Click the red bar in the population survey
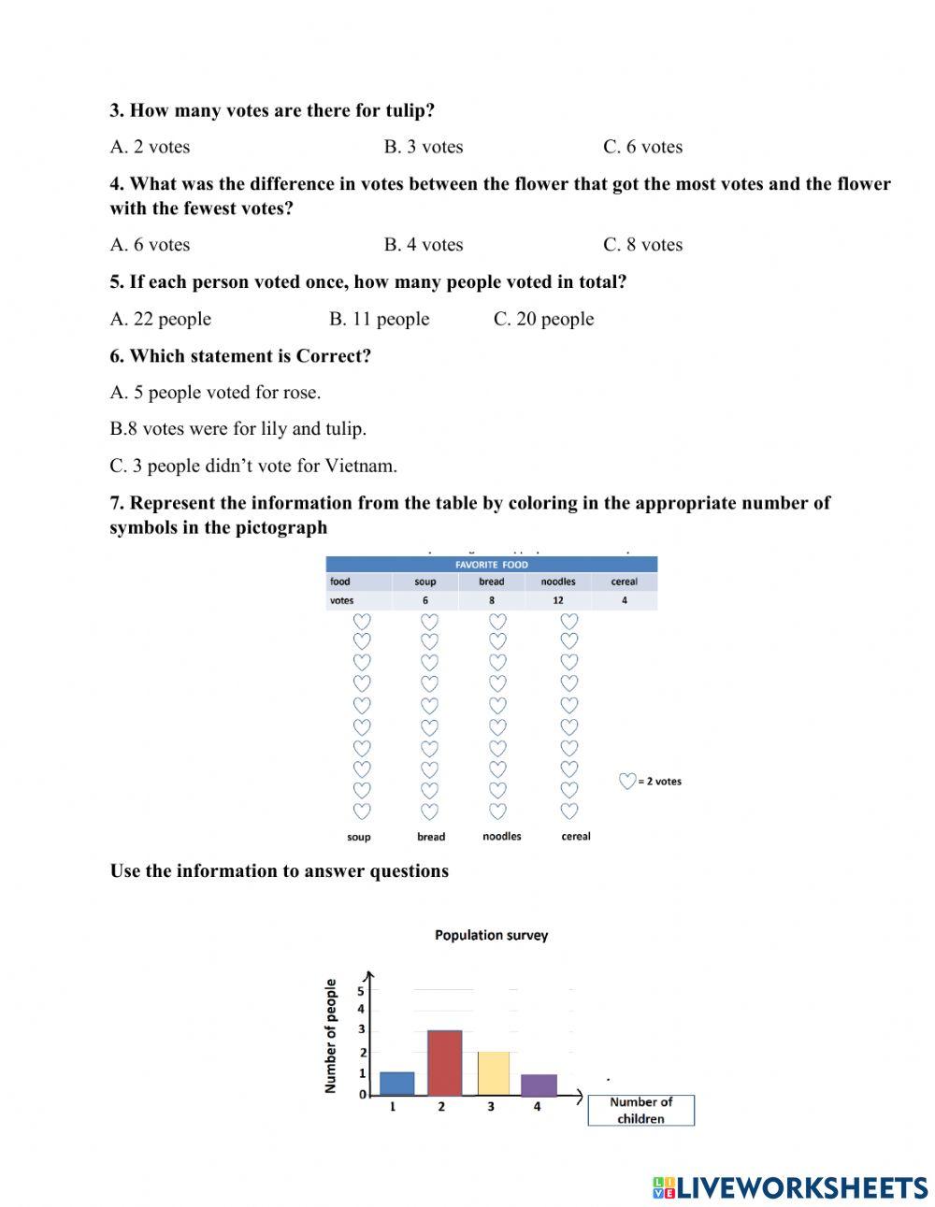[444, 1063]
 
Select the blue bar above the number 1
[396, 1084]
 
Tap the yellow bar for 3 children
[493, 1073]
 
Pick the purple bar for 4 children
[539, 1085]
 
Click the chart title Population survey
[491, 935]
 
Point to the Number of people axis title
[330, 1036]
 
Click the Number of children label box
[640, 1110]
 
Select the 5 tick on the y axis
[361, 991]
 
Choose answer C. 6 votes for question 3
[642, 147]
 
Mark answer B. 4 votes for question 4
[424, 245]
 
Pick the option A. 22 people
[161, 319]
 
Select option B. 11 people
[379, 319]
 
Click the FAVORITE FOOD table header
[491, 565]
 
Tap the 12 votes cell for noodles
[558, 600]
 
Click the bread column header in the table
[491, 582]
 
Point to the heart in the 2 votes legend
[627, 781]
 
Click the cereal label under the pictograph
[575, 836]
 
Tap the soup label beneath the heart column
[359, 837]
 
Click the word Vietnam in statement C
[365, 466]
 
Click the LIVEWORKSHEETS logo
[790, 1187]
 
